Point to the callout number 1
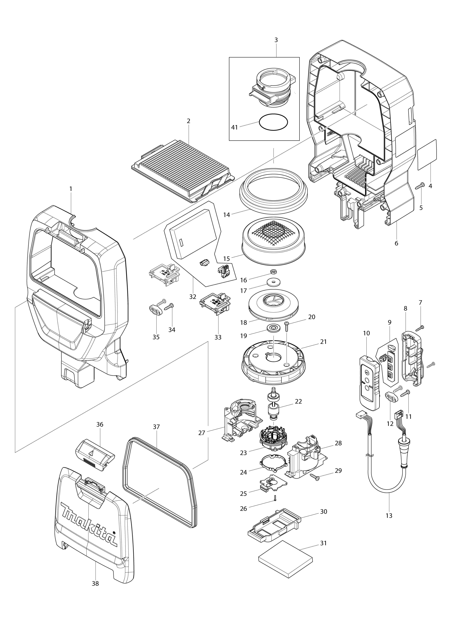(x=71, y=189)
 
